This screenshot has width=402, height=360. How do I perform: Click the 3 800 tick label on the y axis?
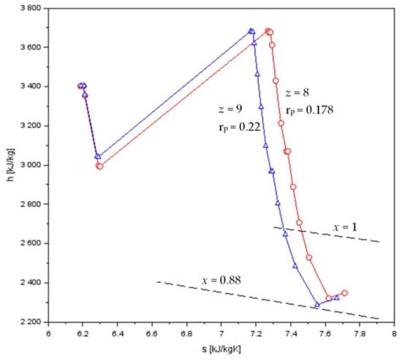(x=32, y=8)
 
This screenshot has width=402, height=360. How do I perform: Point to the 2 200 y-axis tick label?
(x=32, y=321)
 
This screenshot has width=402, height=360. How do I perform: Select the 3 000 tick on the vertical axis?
(x=32, y=165)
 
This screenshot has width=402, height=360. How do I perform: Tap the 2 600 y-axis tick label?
(x=32, y=243)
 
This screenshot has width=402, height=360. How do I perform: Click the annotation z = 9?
(x=229, y=110)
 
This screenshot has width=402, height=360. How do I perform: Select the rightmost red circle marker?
(x=344, y=293)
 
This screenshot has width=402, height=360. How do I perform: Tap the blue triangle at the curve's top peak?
(x=251, y=31)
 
